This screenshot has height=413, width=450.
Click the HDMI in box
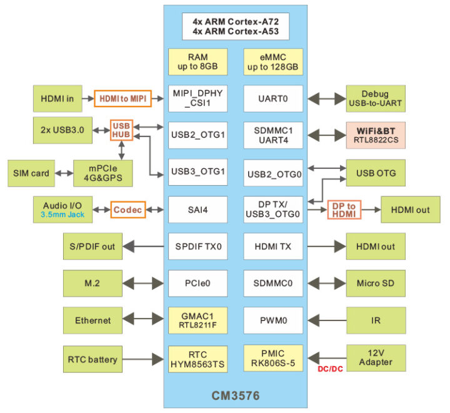57,99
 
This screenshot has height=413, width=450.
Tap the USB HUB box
121,130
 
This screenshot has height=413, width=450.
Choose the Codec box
127,209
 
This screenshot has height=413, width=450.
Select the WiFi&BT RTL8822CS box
376,135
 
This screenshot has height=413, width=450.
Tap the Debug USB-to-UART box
376,99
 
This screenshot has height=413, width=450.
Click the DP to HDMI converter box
344,209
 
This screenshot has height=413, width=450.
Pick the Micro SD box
376,283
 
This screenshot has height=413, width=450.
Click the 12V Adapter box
376,357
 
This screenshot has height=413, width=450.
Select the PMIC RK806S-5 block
272,357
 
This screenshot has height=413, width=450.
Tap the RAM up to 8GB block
197,61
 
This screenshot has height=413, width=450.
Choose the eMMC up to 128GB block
272,61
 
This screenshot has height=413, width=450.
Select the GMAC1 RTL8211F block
197,320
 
